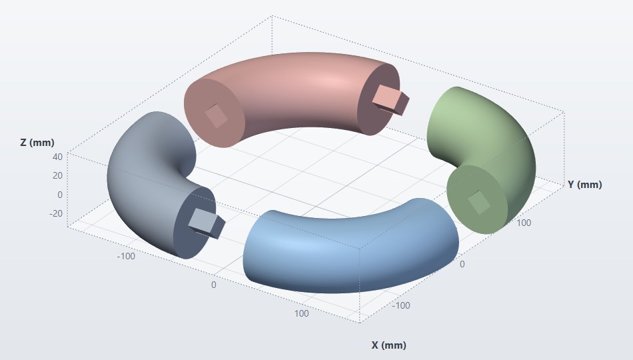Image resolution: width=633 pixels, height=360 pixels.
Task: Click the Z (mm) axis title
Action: [37, 143]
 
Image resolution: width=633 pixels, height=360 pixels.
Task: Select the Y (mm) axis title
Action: [584, 185]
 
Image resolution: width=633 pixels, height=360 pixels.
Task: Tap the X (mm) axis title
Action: [388, 345]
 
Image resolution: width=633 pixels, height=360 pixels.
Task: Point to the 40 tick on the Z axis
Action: [58, 157]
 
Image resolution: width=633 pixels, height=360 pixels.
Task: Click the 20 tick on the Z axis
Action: [58, 175]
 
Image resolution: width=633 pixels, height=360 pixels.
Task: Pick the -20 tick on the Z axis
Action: [56, 213]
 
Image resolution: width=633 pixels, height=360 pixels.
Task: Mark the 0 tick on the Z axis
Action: [60, 195]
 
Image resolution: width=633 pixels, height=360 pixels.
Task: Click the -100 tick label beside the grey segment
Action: [126, 256]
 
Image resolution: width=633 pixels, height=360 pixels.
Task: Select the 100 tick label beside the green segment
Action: [524, 223]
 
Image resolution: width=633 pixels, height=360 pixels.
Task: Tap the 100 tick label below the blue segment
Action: [302, 313]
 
